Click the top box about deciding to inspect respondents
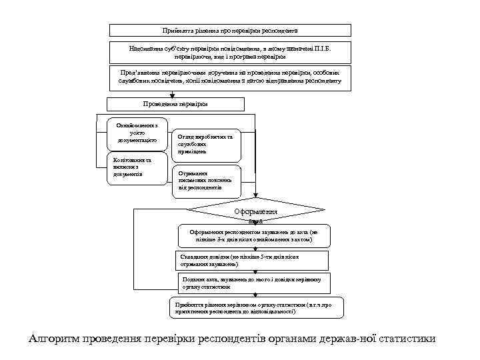[230, 31]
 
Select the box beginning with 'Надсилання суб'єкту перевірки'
[230, 53]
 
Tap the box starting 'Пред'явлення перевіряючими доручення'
[230, 77]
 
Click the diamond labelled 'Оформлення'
[255, 213]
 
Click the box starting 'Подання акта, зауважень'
[253, 283]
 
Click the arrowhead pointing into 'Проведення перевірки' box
[172, 95]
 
